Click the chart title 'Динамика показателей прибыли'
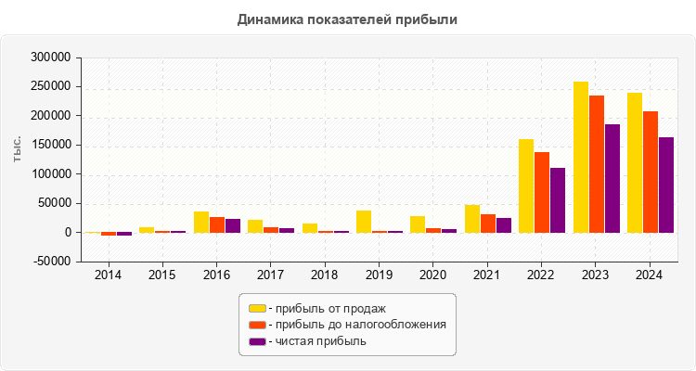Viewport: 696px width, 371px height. click(347, 19)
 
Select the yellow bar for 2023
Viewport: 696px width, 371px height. click(581, 158)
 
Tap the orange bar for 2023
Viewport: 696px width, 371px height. click(596, 164)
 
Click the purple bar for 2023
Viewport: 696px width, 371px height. click(612, 178)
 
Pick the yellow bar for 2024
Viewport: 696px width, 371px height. click(635, 162)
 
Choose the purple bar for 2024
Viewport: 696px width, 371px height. click(666, 185)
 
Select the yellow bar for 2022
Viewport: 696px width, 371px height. click(526, 185)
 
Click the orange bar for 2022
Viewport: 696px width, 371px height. click(542, 192)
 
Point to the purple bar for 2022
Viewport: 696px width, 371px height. click(558, 200)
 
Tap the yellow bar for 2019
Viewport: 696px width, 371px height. click(364, 222)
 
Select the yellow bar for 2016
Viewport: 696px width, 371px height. click(201, 222)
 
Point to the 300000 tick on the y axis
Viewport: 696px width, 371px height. click(51, 58)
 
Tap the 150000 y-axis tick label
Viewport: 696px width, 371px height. click(51, 145)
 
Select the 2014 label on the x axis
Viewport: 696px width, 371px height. click(109, 275)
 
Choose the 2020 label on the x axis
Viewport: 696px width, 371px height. click(433, 275)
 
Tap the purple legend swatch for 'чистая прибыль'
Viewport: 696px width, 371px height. click(256, 341)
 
